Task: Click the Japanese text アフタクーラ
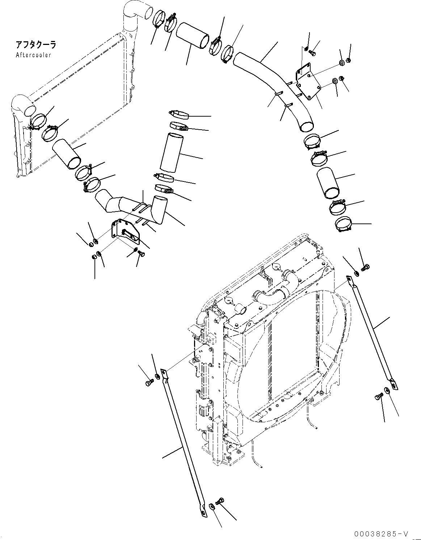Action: coord(36,45)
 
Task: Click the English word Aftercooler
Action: coord(33,55)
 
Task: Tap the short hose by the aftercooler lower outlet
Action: coord(66,154)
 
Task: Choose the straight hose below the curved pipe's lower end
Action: coord(328,183)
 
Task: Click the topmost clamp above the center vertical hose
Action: coord(179,114)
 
